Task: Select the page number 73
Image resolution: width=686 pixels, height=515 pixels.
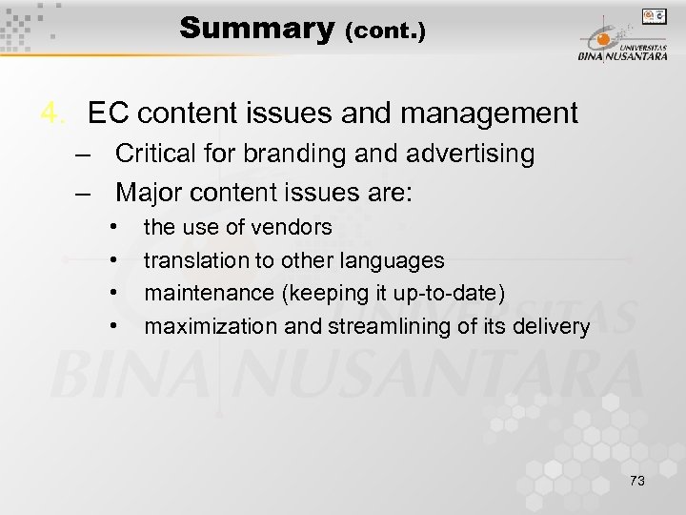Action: [x=636, y=481]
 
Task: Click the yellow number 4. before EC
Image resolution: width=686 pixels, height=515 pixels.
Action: [x=53, y=113]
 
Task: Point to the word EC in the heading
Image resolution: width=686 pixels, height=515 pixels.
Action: [x=109, y=113]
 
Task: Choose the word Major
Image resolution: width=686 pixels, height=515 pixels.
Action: [x=149, y=193]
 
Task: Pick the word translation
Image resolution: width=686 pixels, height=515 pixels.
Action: [x=191, y=260]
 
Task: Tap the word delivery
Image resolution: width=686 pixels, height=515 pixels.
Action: [x=555, y=327]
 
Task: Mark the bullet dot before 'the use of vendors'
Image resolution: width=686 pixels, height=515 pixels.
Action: [x=113, y=227]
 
